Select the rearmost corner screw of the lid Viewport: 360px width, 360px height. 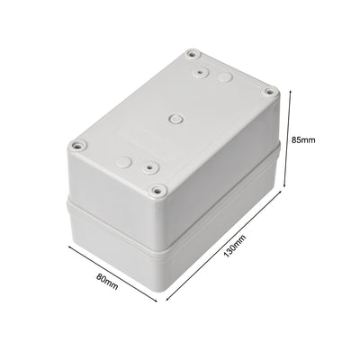193,53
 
